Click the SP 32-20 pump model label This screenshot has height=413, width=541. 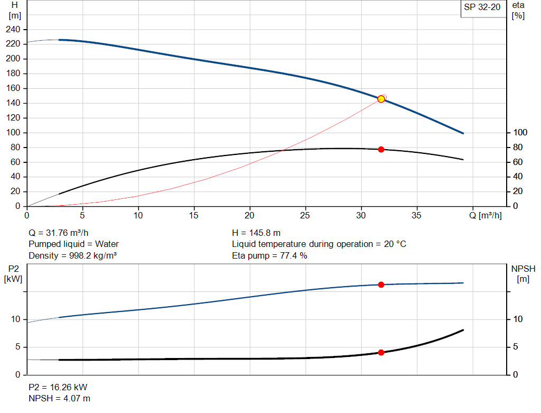click(x=482, y=7)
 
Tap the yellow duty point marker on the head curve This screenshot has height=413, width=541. click(x=381, y=99)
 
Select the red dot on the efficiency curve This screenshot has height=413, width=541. click(x=381, y=150)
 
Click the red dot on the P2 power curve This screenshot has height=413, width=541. click(x=381, y=284)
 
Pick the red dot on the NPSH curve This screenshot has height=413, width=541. click(x=381, y=352)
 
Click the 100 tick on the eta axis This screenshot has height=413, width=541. click(x=520, y=132)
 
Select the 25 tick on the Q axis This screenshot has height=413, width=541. click(x=305, y=215)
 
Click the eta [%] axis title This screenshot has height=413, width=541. click(x=518, y=10)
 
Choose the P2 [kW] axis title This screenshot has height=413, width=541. click(x=13, y=273)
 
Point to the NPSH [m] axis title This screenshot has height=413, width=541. click(x=523, y=273)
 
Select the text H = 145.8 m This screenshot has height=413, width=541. click(x=256, y=233)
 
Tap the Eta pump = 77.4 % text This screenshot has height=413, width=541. click(x=269, y=256)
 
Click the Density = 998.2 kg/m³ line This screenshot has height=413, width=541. click(x=72, y=256)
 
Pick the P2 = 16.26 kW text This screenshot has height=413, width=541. click(x=58, y=387)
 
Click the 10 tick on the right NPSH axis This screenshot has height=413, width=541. click(x=518, y=319)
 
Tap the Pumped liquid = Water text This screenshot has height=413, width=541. click(x=73, y=244)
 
